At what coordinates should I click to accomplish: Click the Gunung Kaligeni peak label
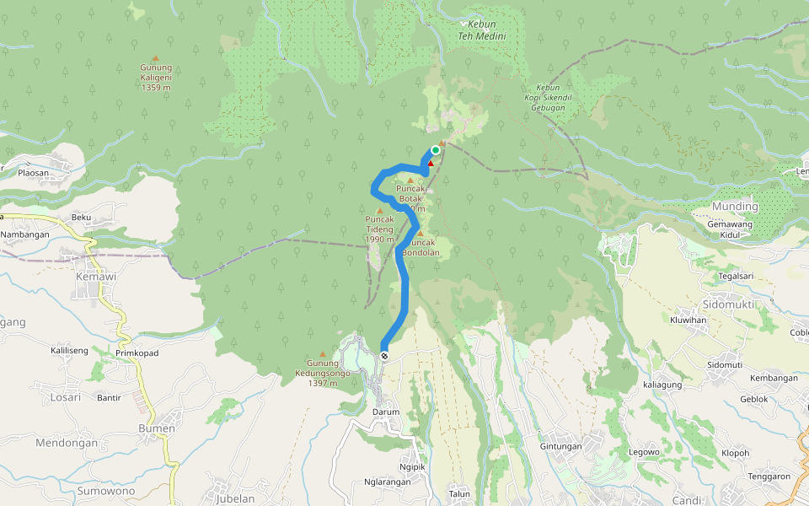(156, 77)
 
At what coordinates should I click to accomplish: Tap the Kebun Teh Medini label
(481, 31)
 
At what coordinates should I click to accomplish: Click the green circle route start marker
(436, 150)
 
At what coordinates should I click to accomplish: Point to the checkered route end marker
(384, 356)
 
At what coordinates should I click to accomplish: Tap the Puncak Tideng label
(379, 229)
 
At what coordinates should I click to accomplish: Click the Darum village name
(386, 412)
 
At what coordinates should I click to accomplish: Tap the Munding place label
(735, 207)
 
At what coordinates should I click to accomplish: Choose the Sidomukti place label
(729, 304)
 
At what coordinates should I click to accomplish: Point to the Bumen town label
(157, 428)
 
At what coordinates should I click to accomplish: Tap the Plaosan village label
(35, 172)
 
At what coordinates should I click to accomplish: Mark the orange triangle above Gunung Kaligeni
(155, 57)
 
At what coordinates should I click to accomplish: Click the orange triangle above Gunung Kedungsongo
(322, 354)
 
